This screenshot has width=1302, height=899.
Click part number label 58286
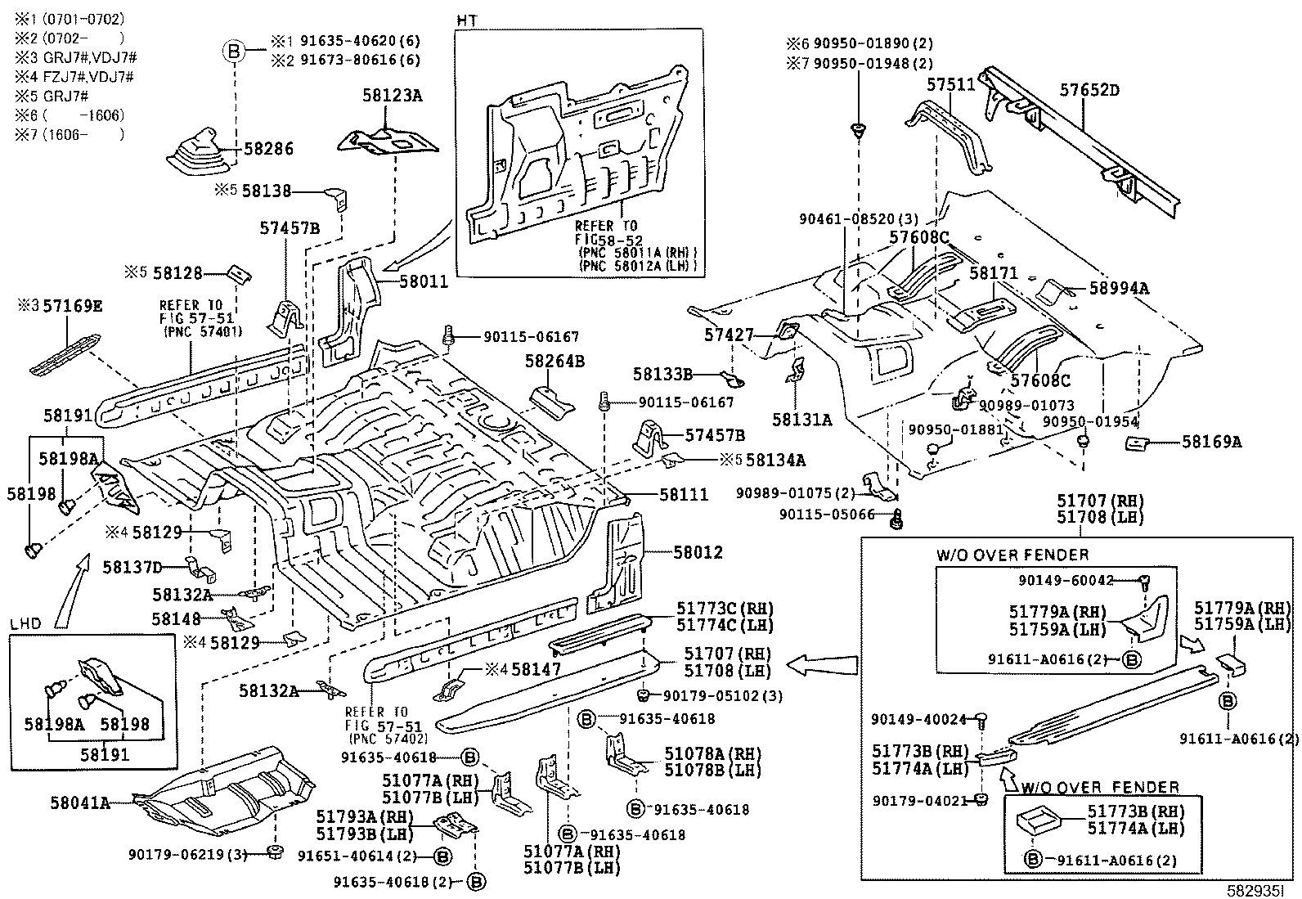268,149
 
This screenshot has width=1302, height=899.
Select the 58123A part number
392,96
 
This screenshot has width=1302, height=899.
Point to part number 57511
950,84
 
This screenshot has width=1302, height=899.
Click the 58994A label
1118,288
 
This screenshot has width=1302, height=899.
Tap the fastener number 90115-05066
827,515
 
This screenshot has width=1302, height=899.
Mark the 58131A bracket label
801,420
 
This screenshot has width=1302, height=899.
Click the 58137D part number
132,566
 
